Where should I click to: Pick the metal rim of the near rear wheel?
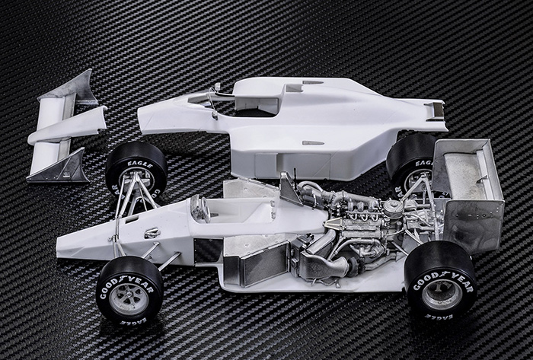442,294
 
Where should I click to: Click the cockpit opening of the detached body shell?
244,107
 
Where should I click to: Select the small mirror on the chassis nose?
152,232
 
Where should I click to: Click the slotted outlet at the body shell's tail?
435,111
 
